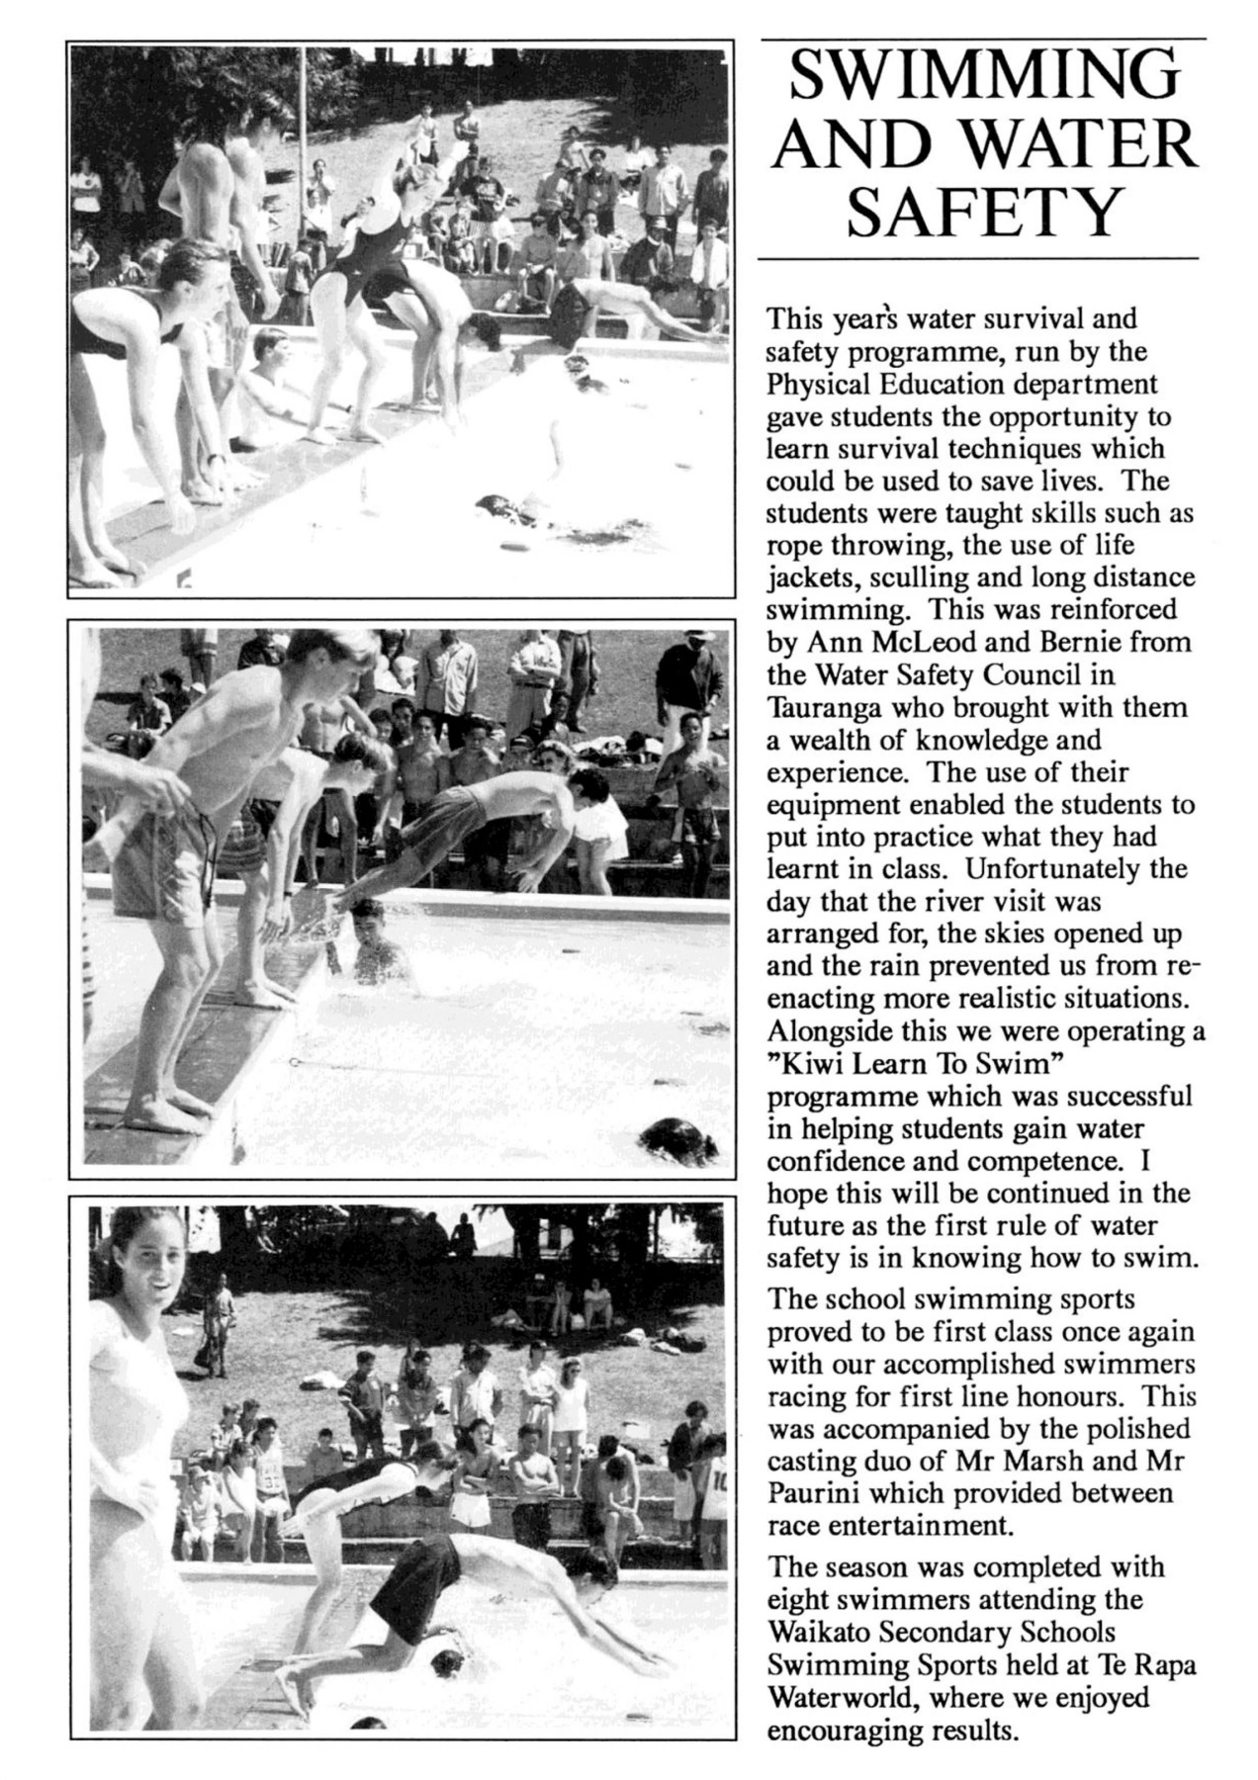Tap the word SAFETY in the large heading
point(983,212)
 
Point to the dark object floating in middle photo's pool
point(680,1137)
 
